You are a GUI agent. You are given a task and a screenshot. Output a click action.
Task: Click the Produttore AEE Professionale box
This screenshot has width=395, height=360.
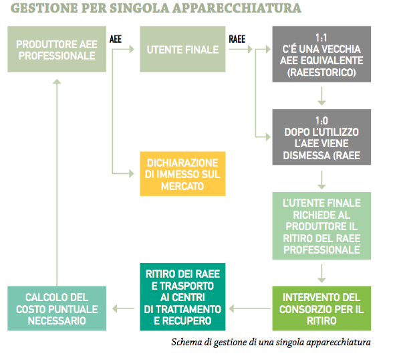coord(57,50)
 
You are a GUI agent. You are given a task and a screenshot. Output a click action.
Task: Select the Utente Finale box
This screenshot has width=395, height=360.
coord(182,50)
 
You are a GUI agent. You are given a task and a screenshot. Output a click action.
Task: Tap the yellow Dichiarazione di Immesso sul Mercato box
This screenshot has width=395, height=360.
coord(182,174)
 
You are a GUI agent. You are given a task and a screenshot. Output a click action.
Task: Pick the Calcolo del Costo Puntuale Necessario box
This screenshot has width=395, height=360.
coord(57,308)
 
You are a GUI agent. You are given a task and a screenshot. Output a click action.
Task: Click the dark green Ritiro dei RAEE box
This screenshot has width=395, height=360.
coord(182,297)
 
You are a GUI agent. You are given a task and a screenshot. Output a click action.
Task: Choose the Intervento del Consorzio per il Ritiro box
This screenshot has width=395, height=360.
coord(321,308)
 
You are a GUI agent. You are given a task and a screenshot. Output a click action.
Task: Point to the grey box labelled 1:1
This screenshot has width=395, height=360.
coord(321,54)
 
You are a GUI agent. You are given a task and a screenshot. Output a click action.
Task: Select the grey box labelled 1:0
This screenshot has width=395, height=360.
coord(321,137)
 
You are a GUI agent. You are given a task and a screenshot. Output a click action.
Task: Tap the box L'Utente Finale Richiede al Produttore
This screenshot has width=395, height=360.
coord(321,226)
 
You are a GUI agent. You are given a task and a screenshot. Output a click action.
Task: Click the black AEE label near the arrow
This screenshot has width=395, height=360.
coord(116,39)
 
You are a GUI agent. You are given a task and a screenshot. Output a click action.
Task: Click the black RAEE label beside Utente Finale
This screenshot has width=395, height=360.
coord(237,39)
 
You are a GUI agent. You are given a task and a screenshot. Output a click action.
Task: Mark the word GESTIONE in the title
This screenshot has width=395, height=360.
coord(44,8)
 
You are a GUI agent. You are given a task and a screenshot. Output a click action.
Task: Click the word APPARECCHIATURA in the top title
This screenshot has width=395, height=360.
coord(237,8)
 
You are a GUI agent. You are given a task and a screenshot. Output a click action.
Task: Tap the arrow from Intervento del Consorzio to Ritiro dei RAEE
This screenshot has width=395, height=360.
coord(250,308)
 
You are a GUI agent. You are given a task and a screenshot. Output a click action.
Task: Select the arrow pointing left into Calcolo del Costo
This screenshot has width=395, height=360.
coord(123,308)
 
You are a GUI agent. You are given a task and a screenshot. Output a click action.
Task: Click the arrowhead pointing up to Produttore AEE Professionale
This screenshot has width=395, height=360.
coord(57,81)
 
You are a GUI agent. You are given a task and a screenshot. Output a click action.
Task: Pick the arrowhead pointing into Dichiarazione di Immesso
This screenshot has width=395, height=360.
coord(132,173)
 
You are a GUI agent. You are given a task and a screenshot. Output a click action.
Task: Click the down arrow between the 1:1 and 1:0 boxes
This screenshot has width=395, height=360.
coord(321,96)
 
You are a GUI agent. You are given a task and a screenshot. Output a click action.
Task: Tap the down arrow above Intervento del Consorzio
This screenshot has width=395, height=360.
coord(321,274)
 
